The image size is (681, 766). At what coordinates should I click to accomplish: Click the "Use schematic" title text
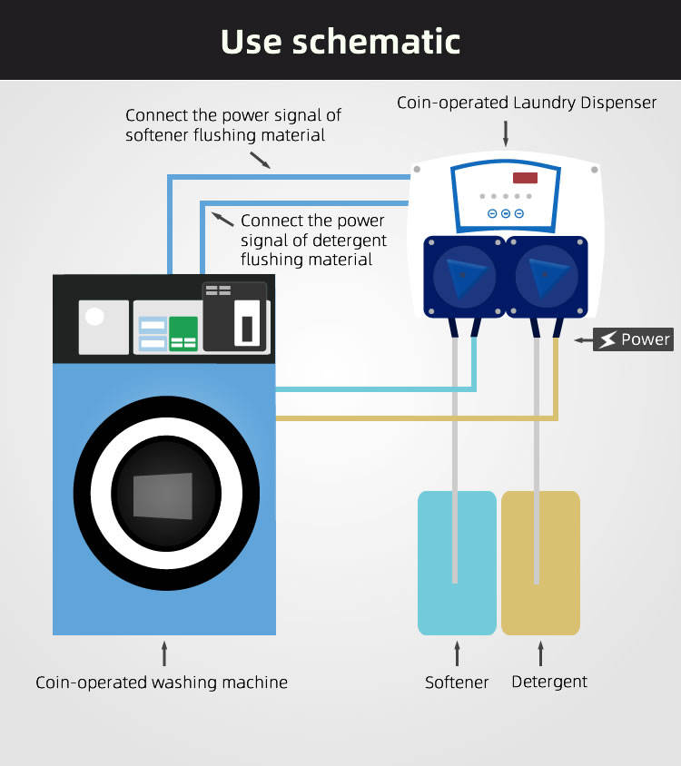click(340, 41)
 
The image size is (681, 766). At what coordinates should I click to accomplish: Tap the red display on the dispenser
click(525, 178)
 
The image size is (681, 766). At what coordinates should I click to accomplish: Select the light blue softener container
click(457, 563)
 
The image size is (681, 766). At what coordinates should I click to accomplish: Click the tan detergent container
click(540, 563)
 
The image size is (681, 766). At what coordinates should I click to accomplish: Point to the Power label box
click(633, 340)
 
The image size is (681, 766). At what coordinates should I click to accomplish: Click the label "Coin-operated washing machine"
click(162, 683)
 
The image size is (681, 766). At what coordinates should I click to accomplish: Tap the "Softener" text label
click(457, 683)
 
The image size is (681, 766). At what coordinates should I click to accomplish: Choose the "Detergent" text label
click(549, 682)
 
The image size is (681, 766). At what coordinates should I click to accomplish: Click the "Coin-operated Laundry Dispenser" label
click(527, 103)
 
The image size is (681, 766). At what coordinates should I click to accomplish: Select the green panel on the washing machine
click(183, 333)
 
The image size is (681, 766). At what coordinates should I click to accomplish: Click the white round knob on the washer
click(94, 317)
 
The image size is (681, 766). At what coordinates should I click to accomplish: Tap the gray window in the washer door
click(163, 496)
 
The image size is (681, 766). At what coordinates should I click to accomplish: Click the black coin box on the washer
click(234, 317)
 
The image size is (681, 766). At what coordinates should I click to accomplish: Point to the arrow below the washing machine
click(164, 653)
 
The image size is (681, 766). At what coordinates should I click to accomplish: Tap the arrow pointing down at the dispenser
click(506, 133)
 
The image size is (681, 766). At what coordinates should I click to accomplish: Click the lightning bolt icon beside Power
click(606, 340)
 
